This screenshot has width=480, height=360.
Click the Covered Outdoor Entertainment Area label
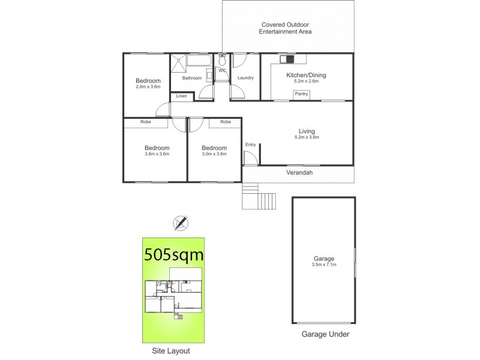[286, 28]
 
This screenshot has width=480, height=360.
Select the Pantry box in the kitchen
[301, 94]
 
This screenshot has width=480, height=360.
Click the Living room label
[307, 131]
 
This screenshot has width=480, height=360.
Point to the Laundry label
[245, 78]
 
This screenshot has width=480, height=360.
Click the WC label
[222, 71]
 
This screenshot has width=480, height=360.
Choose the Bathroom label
[192, 78]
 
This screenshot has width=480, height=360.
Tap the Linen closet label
[181, 97]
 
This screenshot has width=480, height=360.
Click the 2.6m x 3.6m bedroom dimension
[148, 87]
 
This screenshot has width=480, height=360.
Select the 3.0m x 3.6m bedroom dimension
[214, 154]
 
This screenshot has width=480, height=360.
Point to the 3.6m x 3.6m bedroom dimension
[157, 154]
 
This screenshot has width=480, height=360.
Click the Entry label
[250, 145]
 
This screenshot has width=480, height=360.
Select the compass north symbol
[179, 223]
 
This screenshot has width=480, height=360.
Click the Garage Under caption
[324, 334]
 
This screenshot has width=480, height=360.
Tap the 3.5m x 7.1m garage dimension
[323, 264]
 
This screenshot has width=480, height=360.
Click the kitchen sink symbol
[287, 59]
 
